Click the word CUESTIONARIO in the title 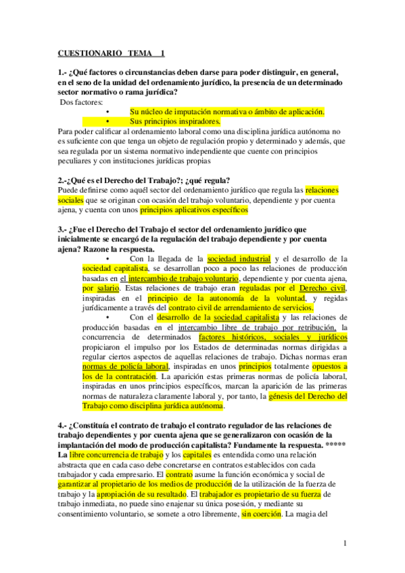89,53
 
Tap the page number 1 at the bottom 345,543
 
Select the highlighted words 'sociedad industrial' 239,259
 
